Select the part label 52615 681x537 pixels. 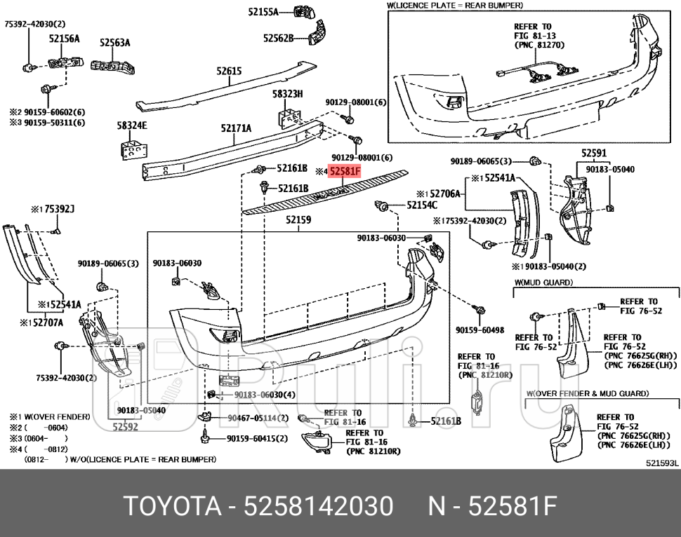pyautogui.click(x=229, y=71)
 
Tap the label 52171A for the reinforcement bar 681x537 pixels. pyautogui.click(x=236, y=128)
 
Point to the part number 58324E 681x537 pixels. pyautogui.click(x=131, y=126)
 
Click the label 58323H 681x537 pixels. pyautogui.click(x=287, y=94)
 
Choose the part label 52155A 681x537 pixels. pyautogui.click(x=263, y=12)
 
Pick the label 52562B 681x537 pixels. pyautogui.click(x=278, y=39)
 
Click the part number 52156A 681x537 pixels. pyautogui.click(x=64, y=40)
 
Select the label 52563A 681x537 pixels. pyautogui.click(x=114, y=43)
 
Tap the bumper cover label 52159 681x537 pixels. pyautogui.click(x=298, y=220)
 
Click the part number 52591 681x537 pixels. pyautogui.click(x=594, y=153)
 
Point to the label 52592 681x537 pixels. pyautogui.click(x=126, y=424)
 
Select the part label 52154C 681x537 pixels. pyautogui.click(x=421, y=205)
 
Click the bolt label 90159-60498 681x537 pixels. pyautogui.click(x=480, y=329)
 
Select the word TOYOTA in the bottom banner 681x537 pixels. pyautogui.click(x=165, y=505)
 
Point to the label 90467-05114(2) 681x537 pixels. pyautogui.click(x=258, y=419)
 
